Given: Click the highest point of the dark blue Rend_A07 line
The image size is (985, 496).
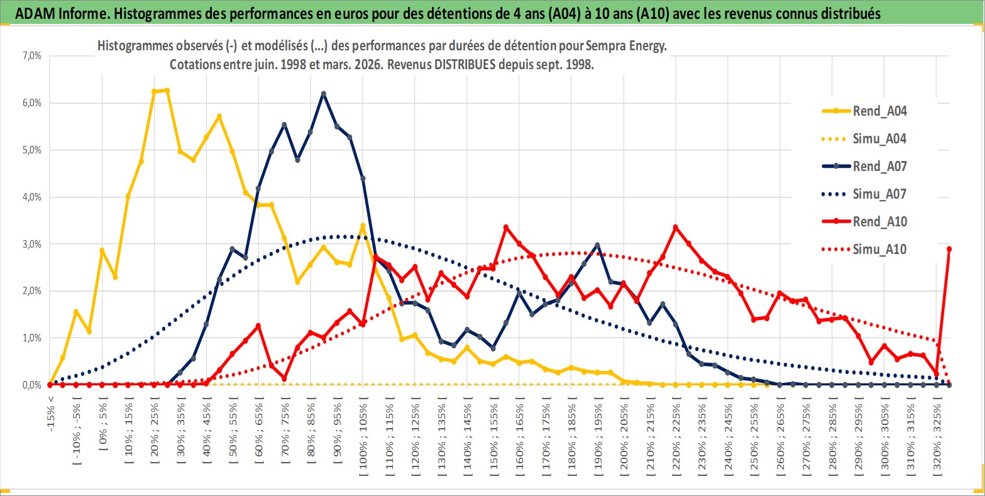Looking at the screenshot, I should point(324,94).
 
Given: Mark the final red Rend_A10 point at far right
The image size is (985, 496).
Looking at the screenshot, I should point(949,249).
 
